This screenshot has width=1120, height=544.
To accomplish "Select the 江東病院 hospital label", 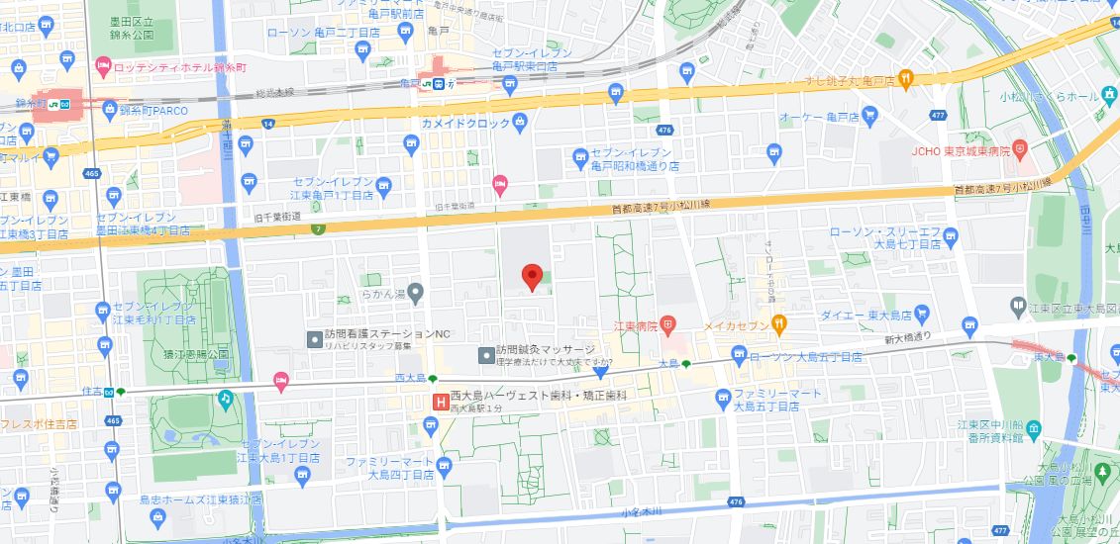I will tap(635, 324).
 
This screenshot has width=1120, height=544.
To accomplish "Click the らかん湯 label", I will tap(382, 293).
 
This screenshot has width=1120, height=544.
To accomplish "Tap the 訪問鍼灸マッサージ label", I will tap(546, 350).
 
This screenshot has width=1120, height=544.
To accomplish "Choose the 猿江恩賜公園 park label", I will tap(197, 353).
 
